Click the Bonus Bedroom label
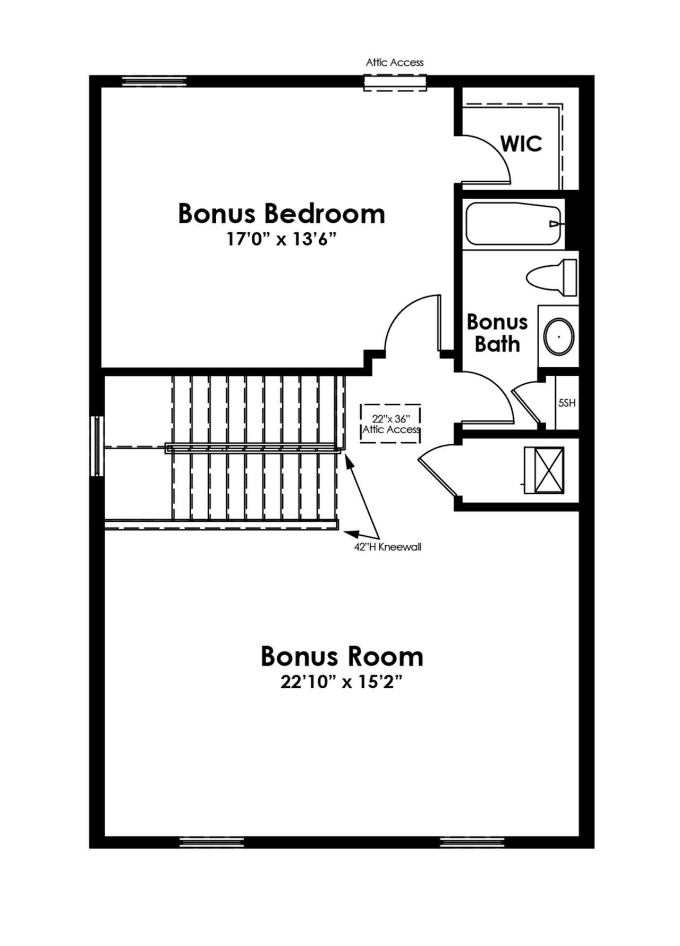pyautogui.click(x=282, y=213)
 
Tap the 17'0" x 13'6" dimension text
pyautogui.click(x=282, y=240)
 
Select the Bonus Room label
pyautogui.click(x=342, y=657)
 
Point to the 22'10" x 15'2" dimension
pyautogui.click(x=340, y=682)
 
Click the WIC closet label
pyautogui.click(x=522, y=143)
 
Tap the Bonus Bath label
pyautogui.click(x=497, y=333)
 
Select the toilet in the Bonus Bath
pyautogui.click(x=551, y=277)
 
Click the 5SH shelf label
pyautogui.click(x=567, y=403)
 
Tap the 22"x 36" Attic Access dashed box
pyautogui.click(x=390, y=424)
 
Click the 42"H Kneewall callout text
pyautogui.click(x=388, y=547)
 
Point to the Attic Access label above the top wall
pyautogui.click(x=395, y=62)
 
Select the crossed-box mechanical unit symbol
pyautogui.click(x=544, y=470)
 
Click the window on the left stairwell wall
pyautogui.click(x=97, y=445)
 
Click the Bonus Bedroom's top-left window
pyautogui.click(x=155, y=81)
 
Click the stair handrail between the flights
pyautogui.click(x=253, y=449)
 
